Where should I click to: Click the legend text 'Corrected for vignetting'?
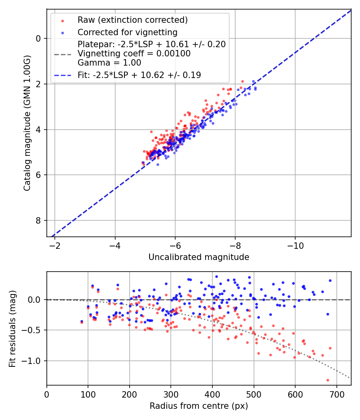(x=127, y=32)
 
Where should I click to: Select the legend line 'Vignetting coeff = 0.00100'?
(x=134, y=53)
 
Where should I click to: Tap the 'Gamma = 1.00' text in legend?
(x=109, y=63)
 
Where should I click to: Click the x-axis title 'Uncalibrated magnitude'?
(x=199, y=257)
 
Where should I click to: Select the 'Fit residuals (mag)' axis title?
(x=12, y=328)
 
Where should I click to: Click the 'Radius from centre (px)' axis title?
(x=199, y=406)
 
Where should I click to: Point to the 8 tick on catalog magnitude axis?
(x=38, y=220)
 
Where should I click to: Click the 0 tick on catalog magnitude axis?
(x=38, y=38)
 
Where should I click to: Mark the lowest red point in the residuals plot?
(x=328, y=380)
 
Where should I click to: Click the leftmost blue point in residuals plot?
(x=82, y=321)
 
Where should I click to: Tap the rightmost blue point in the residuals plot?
(x=330, y=280)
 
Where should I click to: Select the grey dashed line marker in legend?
(x=62, y=54)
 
